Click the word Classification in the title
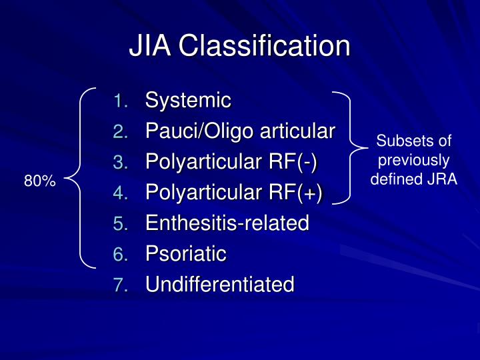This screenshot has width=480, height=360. [x=264, y=46]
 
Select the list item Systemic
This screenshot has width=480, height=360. [x=188, y=101]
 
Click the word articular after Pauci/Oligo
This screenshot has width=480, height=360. [x=297, y=131]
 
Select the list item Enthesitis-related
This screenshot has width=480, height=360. [x=227, y=223]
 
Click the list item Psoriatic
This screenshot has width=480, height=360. [x=186, y=254]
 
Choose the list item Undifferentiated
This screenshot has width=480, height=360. [x=219, y=285]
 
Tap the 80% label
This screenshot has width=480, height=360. [x=40, y=181]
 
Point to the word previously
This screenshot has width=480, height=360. [x=413, y=160]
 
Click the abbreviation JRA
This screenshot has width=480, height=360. [x=443, y=179]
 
